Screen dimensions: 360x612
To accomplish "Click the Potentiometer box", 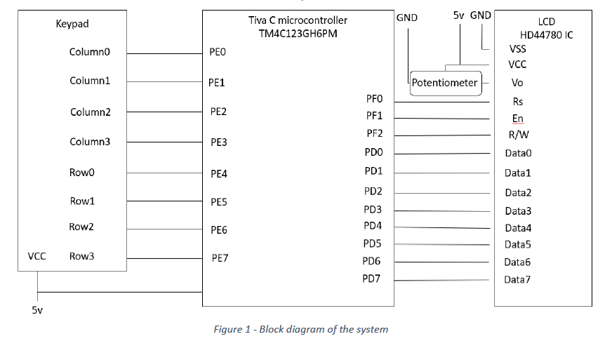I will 444,83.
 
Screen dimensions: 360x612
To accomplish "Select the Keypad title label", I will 72,25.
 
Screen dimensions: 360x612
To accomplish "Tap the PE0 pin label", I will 218,53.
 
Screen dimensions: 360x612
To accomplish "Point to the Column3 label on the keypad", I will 90,142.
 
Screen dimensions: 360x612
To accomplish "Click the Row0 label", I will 81,173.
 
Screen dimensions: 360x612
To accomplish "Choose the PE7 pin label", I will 220,258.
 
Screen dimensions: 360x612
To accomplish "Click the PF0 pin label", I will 374,100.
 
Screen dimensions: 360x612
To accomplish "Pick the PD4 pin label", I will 373,225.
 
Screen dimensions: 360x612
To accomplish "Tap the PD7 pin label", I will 372,279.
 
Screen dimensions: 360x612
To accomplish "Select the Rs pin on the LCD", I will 518,101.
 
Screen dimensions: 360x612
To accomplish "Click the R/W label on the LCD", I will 519,135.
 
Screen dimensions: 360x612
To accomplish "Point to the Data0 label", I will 518,153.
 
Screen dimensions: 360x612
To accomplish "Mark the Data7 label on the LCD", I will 517,279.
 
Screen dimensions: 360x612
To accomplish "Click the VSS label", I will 518,49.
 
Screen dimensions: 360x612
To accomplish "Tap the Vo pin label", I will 518,83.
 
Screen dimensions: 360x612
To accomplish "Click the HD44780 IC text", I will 546,34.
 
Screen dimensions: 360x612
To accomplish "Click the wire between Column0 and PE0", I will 164,53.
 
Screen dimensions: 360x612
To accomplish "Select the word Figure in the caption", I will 228,329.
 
